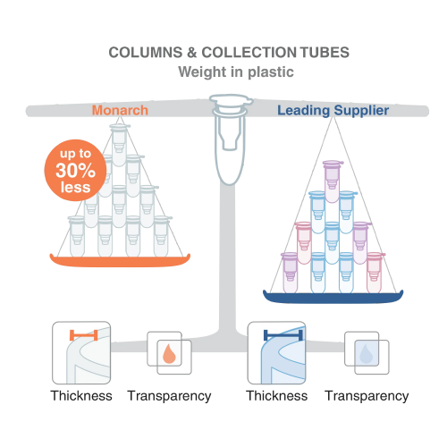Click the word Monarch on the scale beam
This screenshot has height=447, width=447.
pos(120,110)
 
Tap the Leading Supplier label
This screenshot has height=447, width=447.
pos(333,111)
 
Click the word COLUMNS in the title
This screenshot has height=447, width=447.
pos(146,53)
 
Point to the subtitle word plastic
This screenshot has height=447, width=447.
pos(271,72)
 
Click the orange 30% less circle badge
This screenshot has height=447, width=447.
pos(75,170)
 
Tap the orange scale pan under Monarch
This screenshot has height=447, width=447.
pos(120,261)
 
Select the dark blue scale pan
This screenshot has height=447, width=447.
pos(333,297)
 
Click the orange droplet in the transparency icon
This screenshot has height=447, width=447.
pos(169,354)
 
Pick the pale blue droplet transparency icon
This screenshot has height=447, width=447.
pos(367,354)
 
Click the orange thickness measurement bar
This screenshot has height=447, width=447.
pos(84,335)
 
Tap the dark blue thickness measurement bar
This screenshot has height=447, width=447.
pos(283,335)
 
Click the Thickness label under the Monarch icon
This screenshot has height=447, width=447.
pos(81,396)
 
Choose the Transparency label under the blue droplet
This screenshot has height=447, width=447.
pos(367,396)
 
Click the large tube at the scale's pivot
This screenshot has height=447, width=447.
pos(231,139)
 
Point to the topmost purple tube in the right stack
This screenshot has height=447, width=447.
pos(333,181)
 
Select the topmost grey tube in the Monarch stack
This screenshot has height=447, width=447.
pos(119,145)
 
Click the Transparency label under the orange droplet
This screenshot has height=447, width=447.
pos(169,396)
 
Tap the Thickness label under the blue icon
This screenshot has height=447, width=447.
pos(277,396)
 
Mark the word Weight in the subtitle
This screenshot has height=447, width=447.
pos(202,72)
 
